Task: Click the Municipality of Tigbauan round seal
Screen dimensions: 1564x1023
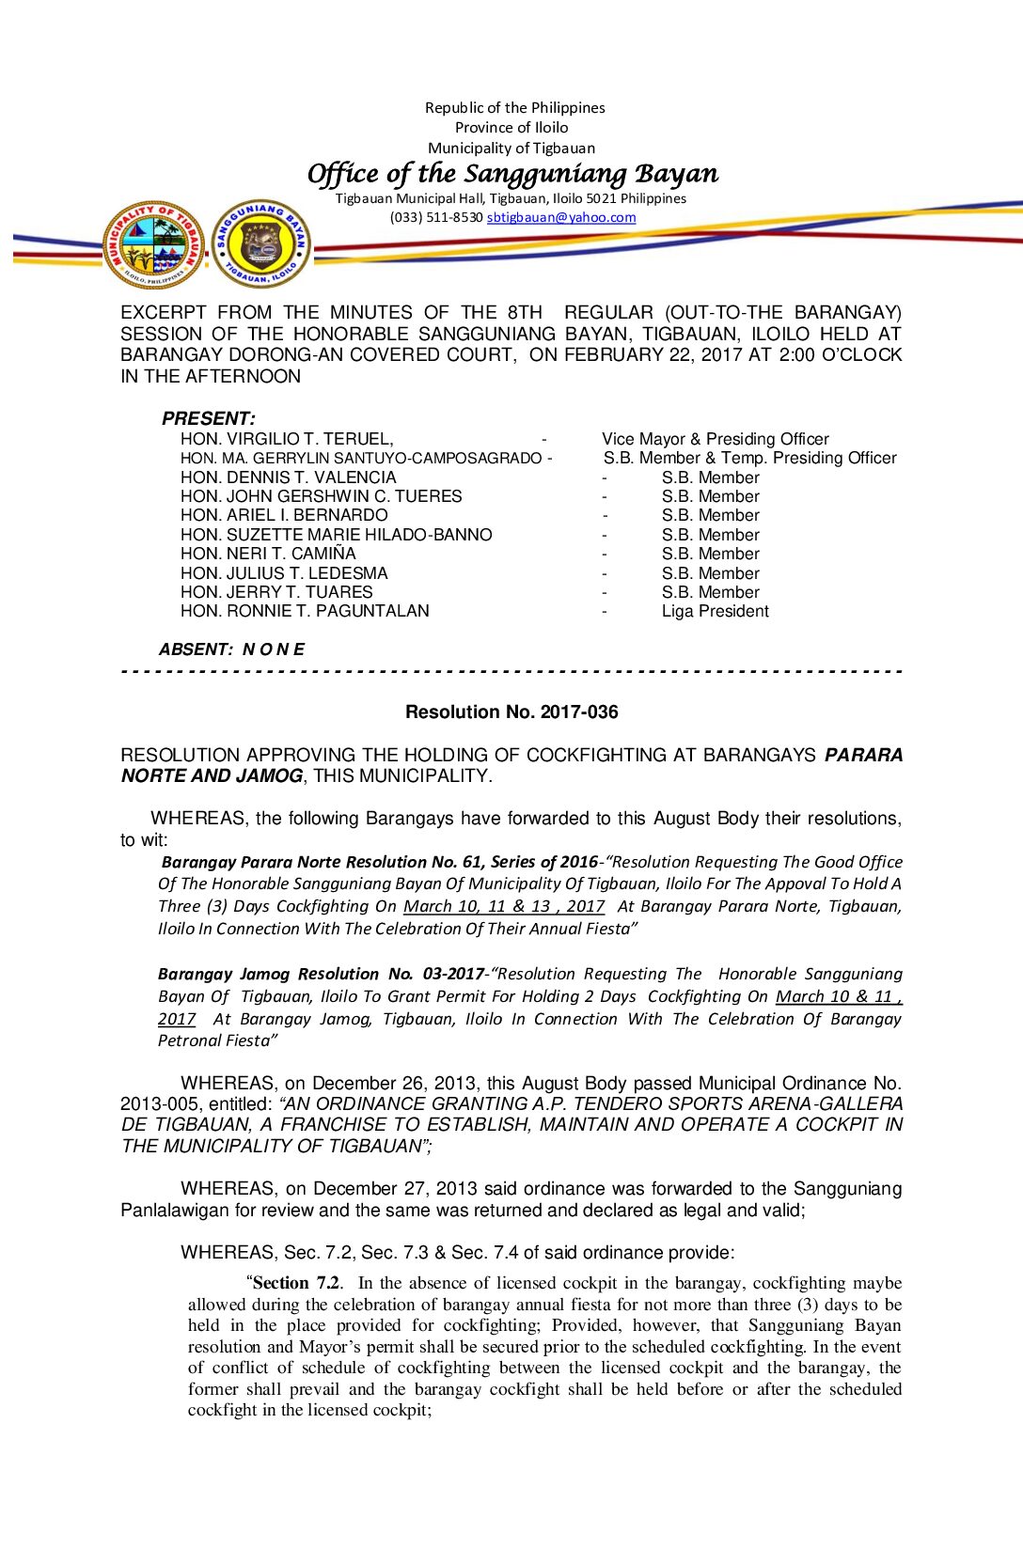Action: coord(153,244)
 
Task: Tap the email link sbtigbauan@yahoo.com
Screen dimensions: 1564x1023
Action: coord(560,217)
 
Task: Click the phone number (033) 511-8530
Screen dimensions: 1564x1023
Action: coord(436,217)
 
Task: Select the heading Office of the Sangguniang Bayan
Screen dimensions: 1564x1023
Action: coord(512,174)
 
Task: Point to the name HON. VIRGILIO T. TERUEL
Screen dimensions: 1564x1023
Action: coord(287,439)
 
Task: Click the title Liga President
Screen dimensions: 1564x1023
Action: coord(715,611)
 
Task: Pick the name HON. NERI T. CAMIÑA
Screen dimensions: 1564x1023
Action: coord(268,554)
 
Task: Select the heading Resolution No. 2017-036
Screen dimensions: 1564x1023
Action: coord(511,712)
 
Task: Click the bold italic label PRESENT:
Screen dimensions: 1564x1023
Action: coord(208,418)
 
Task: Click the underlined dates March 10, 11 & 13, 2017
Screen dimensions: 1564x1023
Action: coord(504,906)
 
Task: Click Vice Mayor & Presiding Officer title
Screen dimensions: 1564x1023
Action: coord(715,439)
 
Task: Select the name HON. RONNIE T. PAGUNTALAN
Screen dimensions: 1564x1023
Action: coord(305,611)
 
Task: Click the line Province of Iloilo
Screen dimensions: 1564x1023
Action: coord(511,128)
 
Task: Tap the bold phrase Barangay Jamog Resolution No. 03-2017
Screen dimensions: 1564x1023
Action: coord(321,974)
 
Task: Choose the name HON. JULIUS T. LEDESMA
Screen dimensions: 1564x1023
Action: coord(284,573)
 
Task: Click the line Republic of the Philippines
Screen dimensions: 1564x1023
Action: coord(514,107)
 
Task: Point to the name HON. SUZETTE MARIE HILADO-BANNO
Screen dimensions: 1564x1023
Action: coord(336,535)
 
